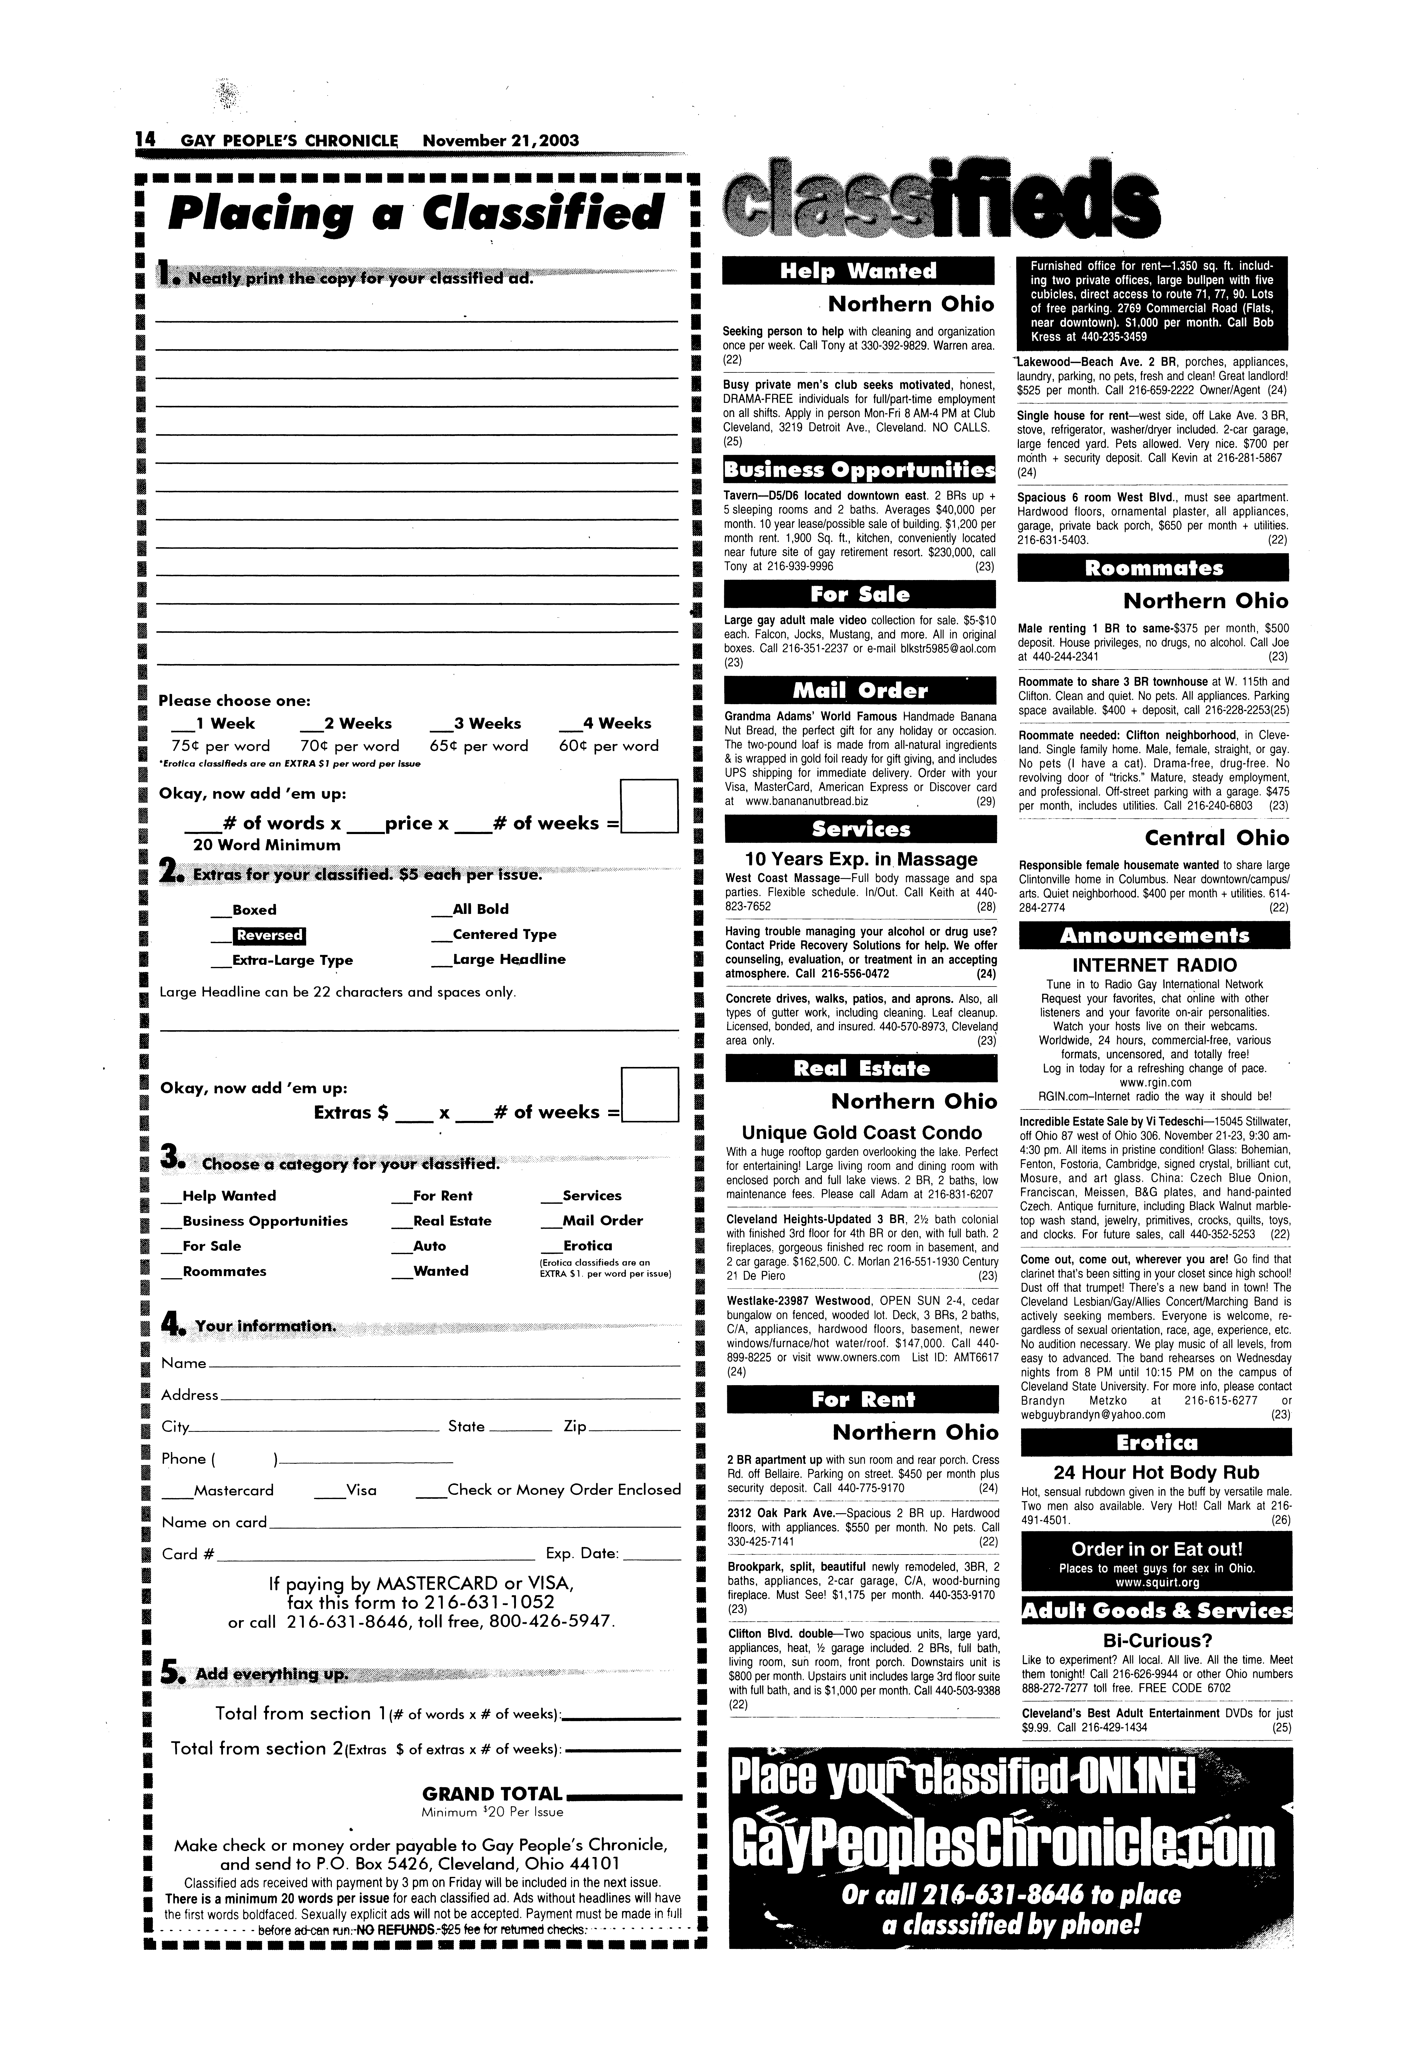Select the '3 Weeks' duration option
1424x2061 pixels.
click(486, 723)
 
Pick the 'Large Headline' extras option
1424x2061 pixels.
click(509, 960)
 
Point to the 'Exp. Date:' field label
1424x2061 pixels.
click(582, 1554)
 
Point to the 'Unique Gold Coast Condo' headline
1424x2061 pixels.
click(862, 1133)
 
